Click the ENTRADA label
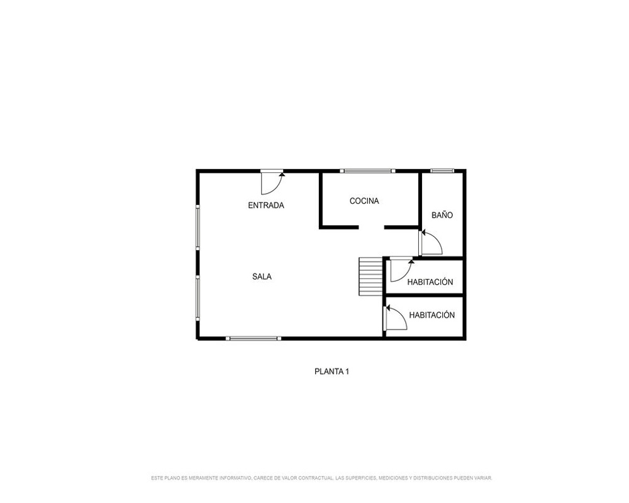coord(266,206)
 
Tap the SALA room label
coord(262,277)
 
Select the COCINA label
coord(364,201)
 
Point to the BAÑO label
coord(442,215)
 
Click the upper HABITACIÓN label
coord(430,282)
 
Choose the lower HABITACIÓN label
coord(432,315)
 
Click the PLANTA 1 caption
coord(331,372)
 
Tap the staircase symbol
coord(370,277)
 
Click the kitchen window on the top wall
coord(367,171)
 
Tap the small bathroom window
coord(442,171)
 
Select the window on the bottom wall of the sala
coord(253,338)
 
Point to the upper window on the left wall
coord(198,227)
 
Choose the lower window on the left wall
coord(198,297)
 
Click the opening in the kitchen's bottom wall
coord(372,228)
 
